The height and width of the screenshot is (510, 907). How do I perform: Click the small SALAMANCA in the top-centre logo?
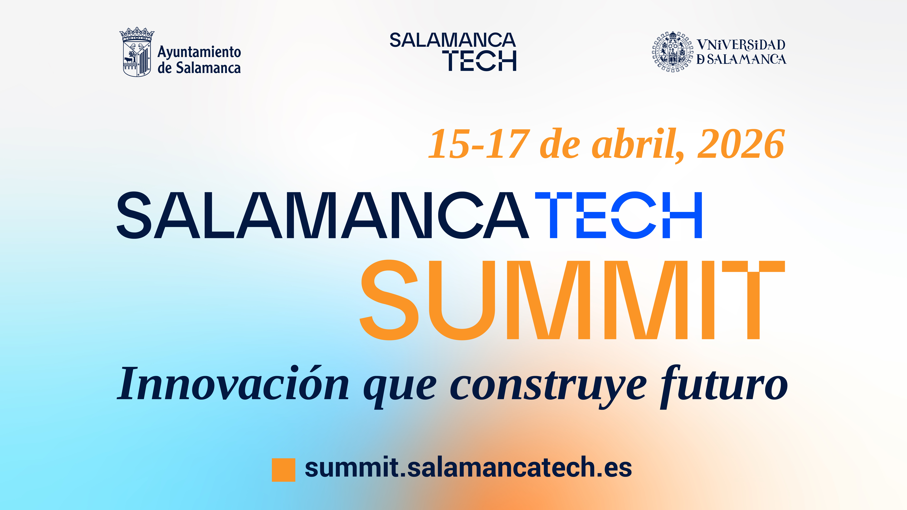tap(452, 40)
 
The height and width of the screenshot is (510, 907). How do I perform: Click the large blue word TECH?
tap(619, 215)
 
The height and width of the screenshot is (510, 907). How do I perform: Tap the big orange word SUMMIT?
tap(572, 300)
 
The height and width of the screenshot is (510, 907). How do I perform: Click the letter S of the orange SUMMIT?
tap(389, 300)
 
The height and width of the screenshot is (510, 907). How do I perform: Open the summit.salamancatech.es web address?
tap(468, 467)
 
